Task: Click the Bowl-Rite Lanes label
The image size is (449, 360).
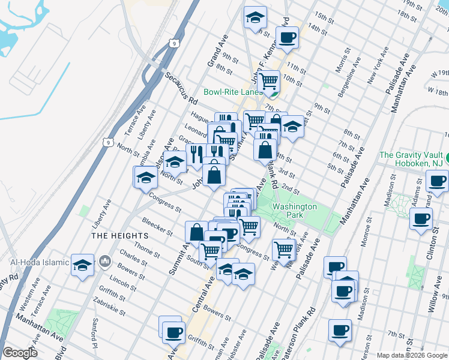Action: click(233, 92)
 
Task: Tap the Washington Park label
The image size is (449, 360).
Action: click(294, 211)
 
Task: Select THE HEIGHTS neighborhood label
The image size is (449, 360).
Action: click(119, 236)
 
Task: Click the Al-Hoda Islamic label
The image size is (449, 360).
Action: click(35, 262)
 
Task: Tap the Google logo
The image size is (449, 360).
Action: click(20, 353)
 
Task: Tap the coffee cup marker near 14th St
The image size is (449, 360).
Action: click(287, 38)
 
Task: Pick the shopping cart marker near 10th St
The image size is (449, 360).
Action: click(268, 79)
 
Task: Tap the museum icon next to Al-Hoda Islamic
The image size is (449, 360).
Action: click(106, 262)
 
